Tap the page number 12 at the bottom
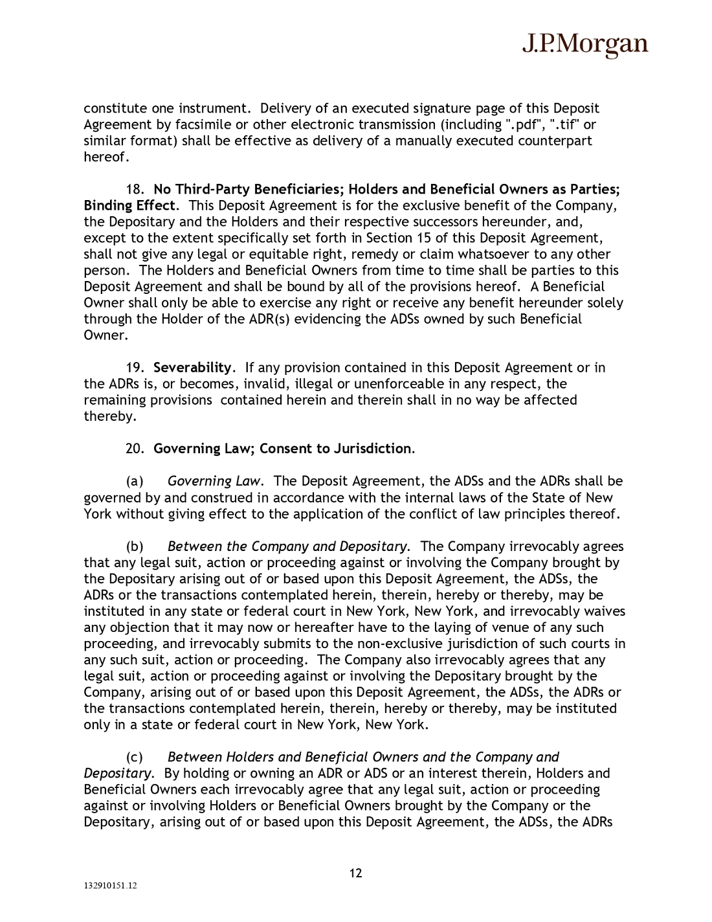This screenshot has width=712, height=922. [356, 873]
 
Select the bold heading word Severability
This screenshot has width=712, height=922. [192, 368]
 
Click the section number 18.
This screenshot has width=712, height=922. [134, 190]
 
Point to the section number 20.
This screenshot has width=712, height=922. [134, 449]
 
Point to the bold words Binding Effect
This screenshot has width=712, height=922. [129, 206]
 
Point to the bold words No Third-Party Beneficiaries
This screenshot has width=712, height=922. [249, 190]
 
